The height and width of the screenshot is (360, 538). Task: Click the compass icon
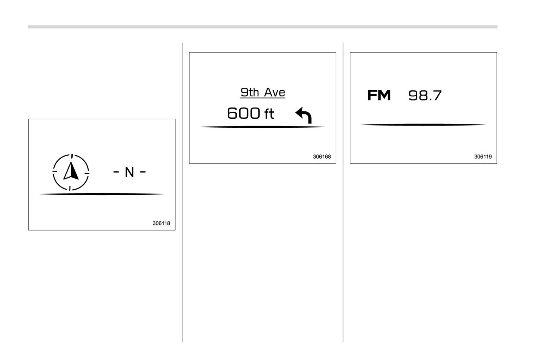(71, 172)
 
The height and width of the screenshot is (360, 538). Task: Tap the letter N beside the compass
(130, 172)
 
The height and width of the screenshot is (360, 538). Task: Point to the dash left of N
(116, 172)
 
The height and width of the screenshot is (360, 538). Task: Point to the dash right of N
(143, 172)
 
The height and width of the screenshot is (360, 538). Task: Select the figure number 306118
(161, 223)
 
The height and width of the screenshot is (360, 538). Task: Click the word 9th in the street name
(250, 92)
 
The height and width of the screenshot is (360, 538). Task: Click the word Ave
(275, 92)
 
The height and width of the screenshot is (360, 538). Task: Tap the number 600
(244, 113)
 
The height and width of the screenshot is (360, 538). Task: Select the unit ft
(269, 114)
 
